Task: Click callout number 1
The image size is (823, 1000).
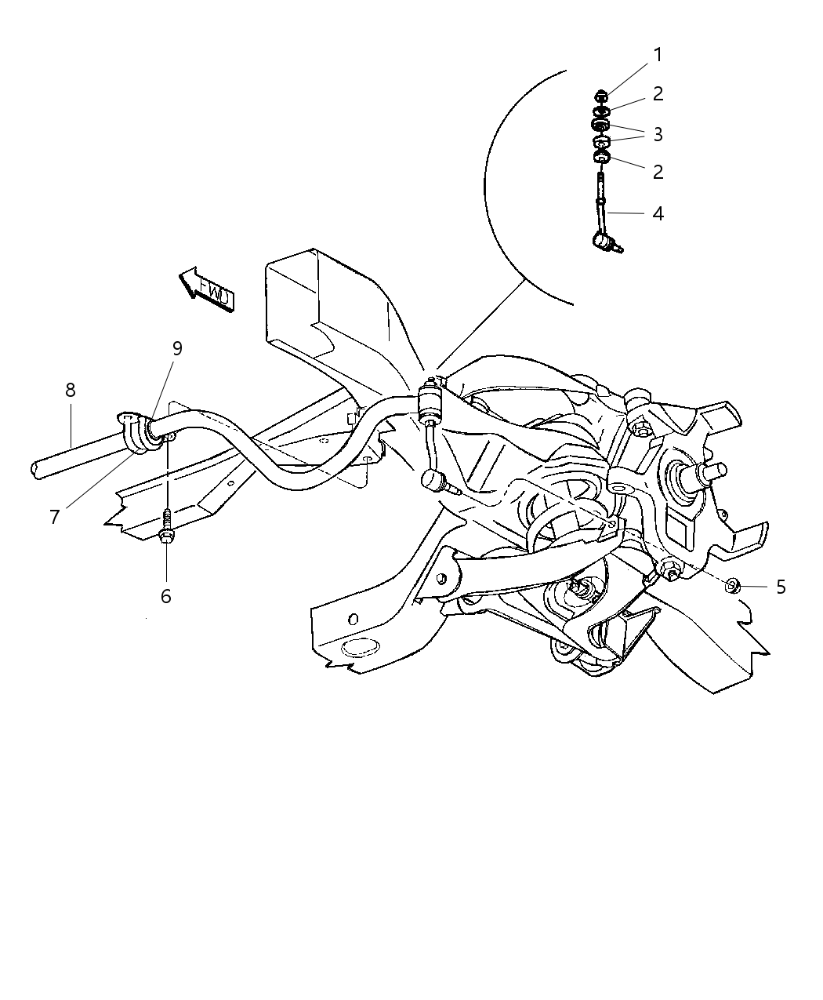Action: (x=658, y=55)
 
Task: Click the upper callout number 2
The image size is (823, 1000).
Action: (x=658, y=93)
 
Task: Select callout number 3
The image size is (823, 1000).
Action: (x=658, y=134)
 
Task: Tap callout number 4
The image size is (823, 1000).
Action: (x=658, y=213)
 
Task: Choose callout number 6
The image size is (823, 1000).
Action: (x=166, y=596)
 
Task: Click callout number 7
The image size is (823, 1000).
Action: (x=55, y=518)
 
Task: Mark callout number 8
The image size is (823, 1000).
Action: (x=71, y=389)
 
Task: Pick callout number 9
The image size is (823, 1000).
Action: (x=177, y=347)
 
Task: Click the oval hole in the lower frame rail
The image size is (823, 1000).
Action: (x=360, y=648)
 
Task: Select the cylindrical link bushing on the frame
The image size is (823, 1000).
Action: (x=431, y=401)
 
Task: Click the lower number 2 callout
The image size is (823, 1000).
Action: (x=658, y=172)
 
